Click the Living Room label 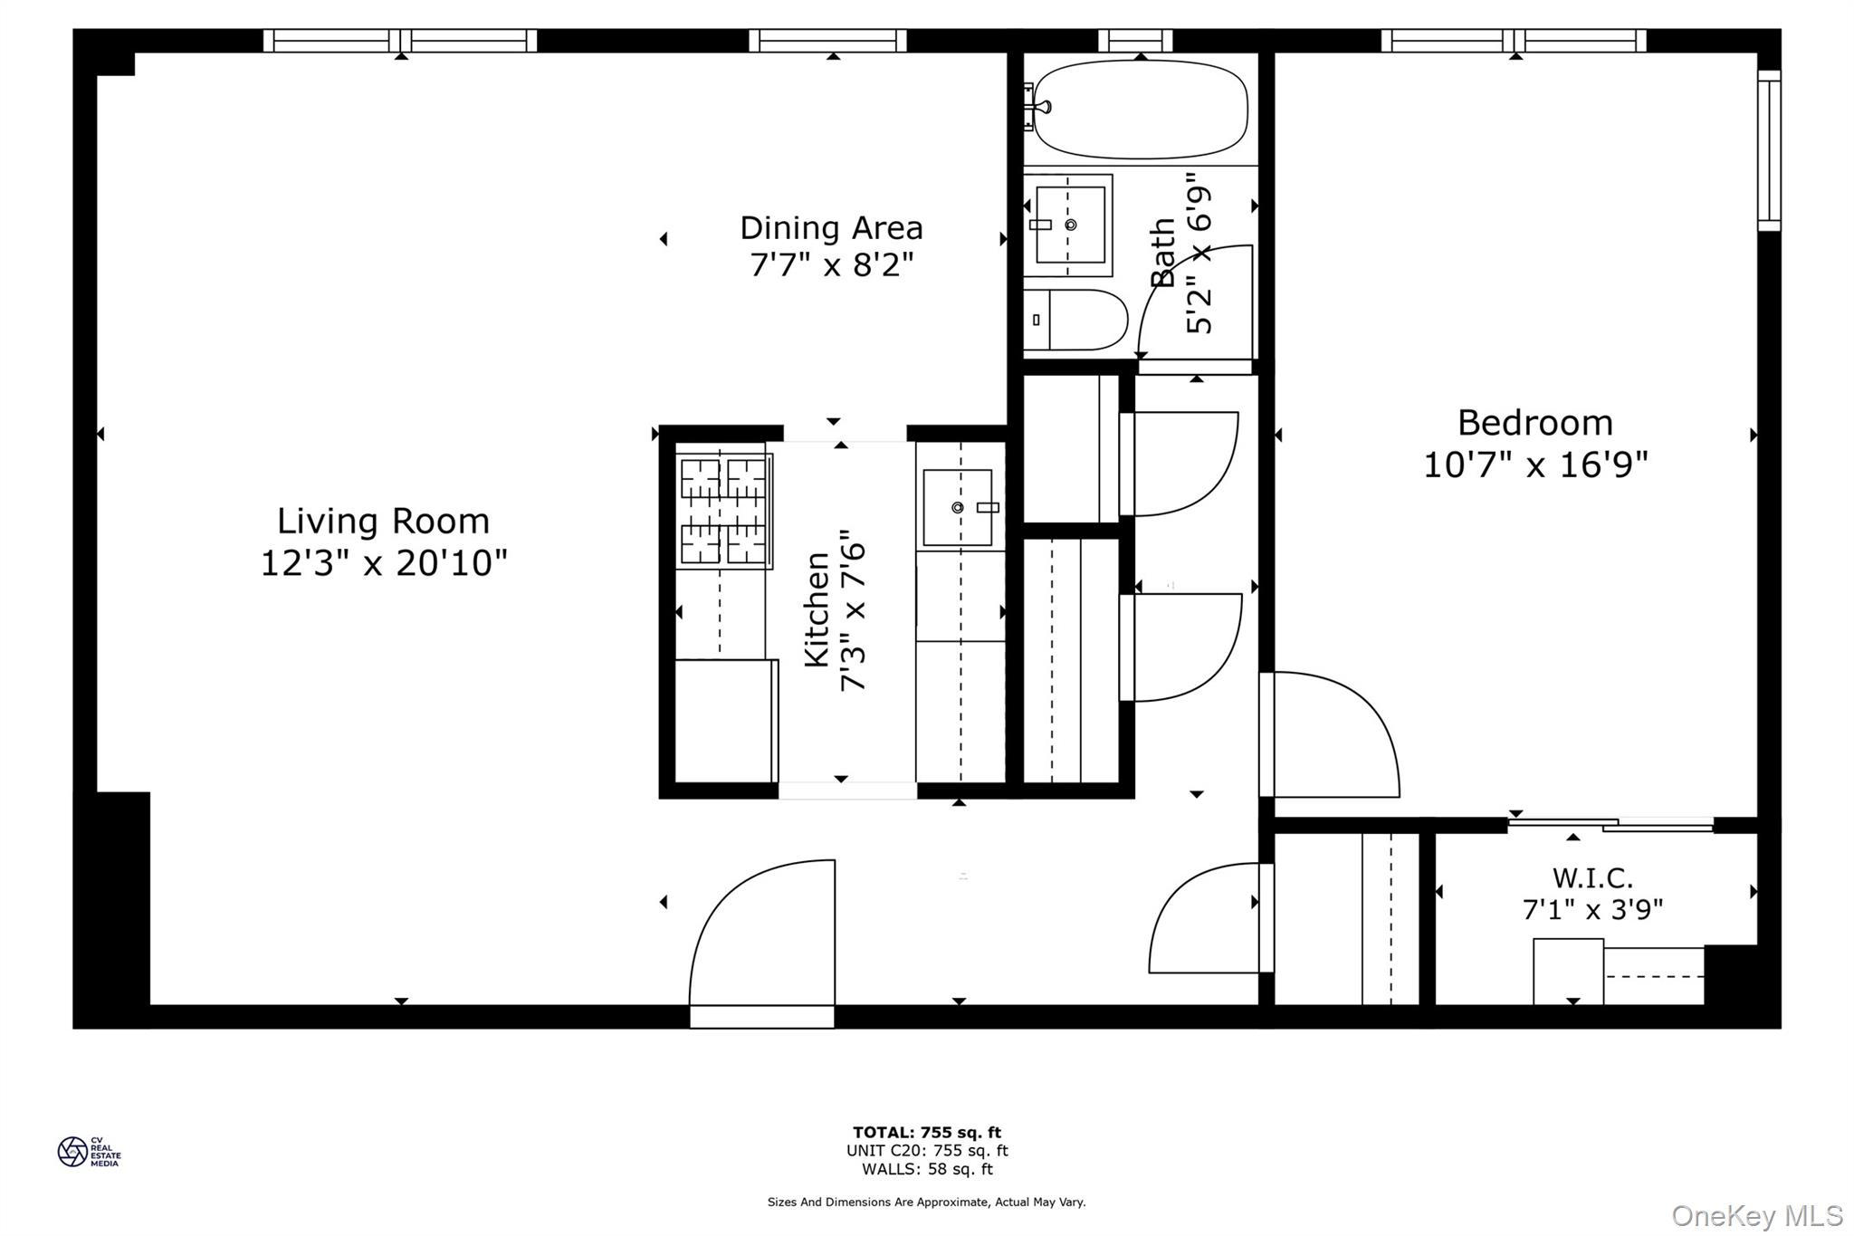(x=383, y=522)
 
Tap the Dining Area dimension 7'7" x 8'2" (x=831, y=266)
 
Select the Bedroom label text (x=1534, y=423)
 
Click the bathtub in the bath (x=1140, y=110)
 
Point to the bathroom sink (x=1069, y=225)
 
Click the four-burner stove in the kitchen (x=724, y=511)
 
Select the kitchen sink (x=959, y=507)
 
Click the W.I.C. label (x=1592, y=877)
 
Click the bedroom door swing (x=1331, y=735)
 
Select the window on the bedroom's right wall (x=1769, y=150)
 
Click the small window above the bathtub (x=1135, y=41)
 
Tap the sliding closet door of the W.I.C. (x=1610, y=824)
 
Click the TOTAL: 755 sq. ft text (x=926, y=1132)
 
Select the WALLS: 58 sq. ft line (x=926, y=1169)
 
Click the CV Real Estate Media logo (x=88, y=1152)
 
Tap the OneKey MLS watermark (x=1756, y=1215)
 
